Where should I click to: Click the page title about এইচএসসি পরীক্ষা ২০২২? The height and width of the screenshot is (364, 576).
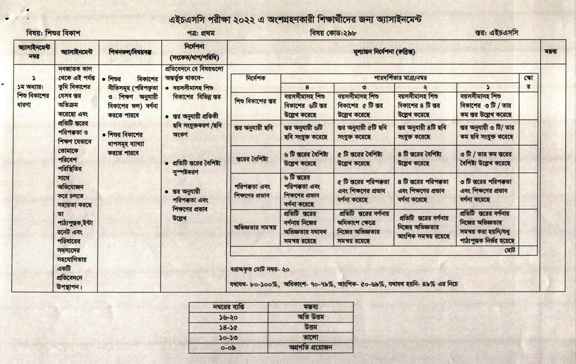295,20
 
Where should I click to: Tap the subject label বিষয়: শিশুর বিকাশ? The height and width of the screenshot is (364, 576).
53,33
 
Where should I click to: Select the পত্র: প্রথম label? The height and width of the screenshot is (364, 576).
201,33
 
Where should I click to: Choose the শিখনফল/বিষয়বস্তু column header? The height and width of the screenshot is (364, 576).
130,52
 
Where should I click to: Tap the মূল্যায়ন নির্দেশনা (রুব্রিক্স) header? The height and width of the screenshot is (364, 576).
384,52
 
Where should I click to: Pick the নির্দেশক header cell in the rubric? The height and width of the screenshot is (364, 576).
256,78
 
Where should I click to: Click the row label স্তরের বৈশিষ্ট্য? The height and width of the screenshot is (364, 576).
252,159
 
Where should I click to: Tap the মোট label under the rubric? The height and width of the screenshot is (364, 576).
510,251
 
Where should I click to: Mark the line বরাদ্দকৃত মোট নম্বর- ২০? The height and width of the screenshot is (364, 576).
260,269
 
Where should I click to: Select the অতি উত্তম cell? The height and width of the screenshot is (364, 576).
311,317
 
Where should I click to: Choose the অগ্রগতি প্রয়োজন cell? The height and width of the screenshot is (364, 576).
311,348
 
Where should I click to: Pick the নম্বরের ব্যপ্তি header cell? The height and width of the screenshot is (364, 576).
228,307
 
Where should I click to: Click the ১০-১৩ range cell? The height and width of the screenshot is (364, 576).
228,338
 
